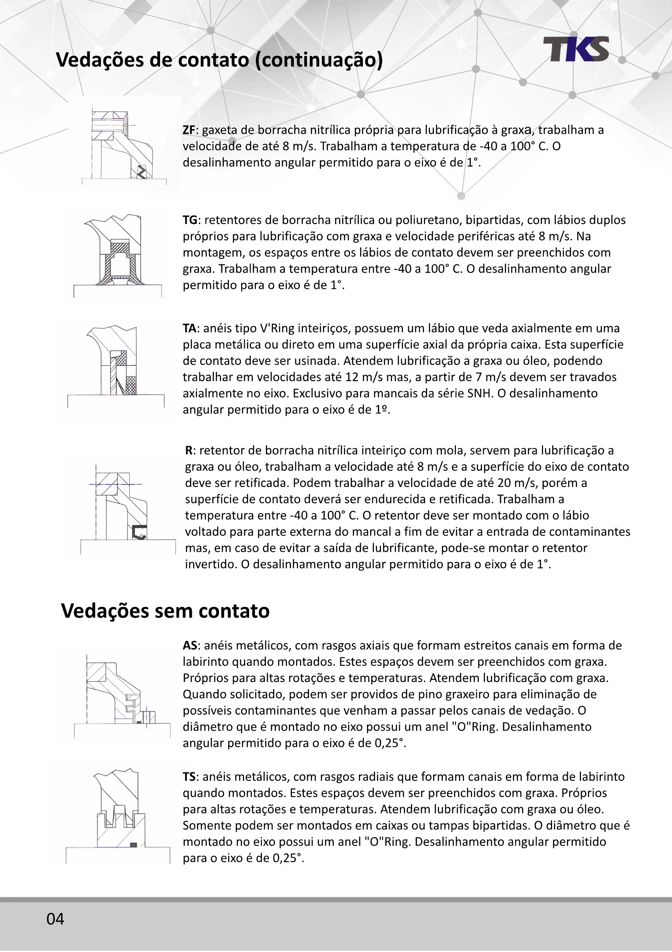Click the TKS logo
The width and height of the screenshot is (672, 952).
click(x=575, y=49)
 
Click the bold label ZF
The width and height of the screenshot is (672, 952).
click(x=189, y=130)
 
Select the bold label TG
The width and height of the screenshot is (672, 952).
click(x=190, y=220)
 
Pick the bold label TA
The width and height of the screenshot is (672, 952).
click(x=190, y=328)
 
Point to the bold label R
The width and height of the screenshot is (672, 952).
click(x=188, y=450)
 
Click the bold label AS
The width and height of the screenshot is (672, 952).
click(x=190, y=646)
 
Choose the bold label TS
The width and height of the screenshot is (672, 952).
click(x=189, y=777)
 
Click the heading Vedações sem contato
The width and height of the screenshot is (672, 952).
click(x=165, y=611)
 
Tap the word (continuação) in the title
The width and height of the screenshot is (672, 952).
click(x=319, y=60)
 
